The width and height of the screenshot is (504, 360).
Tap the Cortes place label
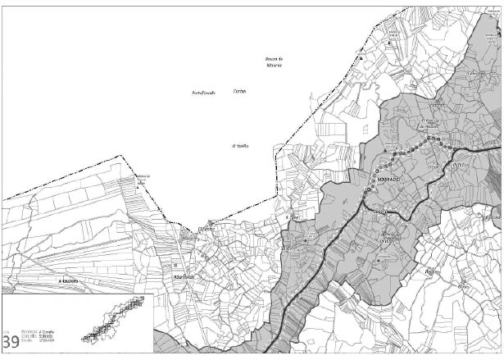pos(239,91)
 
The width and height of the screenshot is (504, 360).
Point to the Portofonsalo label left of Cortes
pos(202,93)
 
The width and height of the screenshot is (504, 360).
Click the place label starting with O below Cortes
pos(240,147)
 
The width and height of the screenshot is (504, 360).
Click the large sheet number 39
pos(11,340)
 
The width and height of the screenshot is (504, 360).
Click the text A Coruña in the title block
pos(56,334)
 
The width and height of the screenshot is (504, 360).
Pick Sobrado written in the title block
pos(56,339)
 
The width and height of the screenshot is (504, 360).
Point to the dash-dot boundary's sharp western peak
pos(123,155)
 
